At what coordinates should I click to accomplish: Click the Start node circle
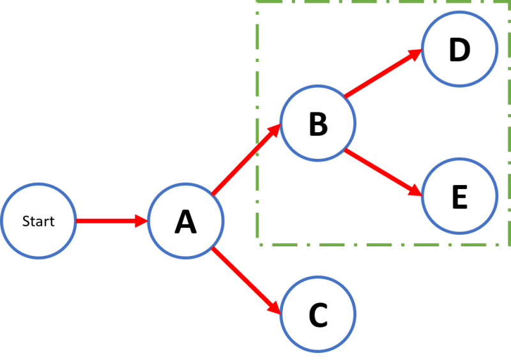pyautogui.click(x=38, y=221)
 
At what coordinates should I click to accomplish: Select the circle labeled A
pyautogui.click(x=185, y=221)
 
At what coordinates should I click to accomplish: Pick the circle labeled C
pyautogui.click(x=317, y=313)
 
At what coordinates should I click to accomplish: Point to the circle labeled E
pyautogui.click(x=459, y=196)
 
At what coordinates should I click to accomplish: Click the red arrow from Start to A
pyautogui.click(x=109, y=221)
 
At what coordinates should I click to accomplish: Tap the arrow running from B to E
pyautogui.click(x=382, y=172)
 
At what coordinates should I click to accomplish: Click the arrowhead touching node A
pyautogui.click(x=142, y=221)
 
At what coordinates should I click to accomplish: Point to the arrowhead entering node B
pyautogui.click(x=275, y=131)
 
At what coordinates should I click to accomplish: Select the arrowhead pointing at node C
pyautogui.click(x=275, y=308)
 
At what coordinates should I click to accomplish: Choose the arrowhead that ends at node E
pyautogui.click(x=415, y=190)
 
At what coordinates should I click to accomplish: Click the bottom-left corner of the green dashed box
pyautogui.click(x=259, y=244)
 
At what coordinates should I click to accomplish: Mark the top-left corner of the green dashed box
pyautogui.click(x=258, y=2)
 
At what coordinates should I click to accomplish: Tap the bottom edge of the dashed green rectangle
pyautogui.click(x=383, y=244)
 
